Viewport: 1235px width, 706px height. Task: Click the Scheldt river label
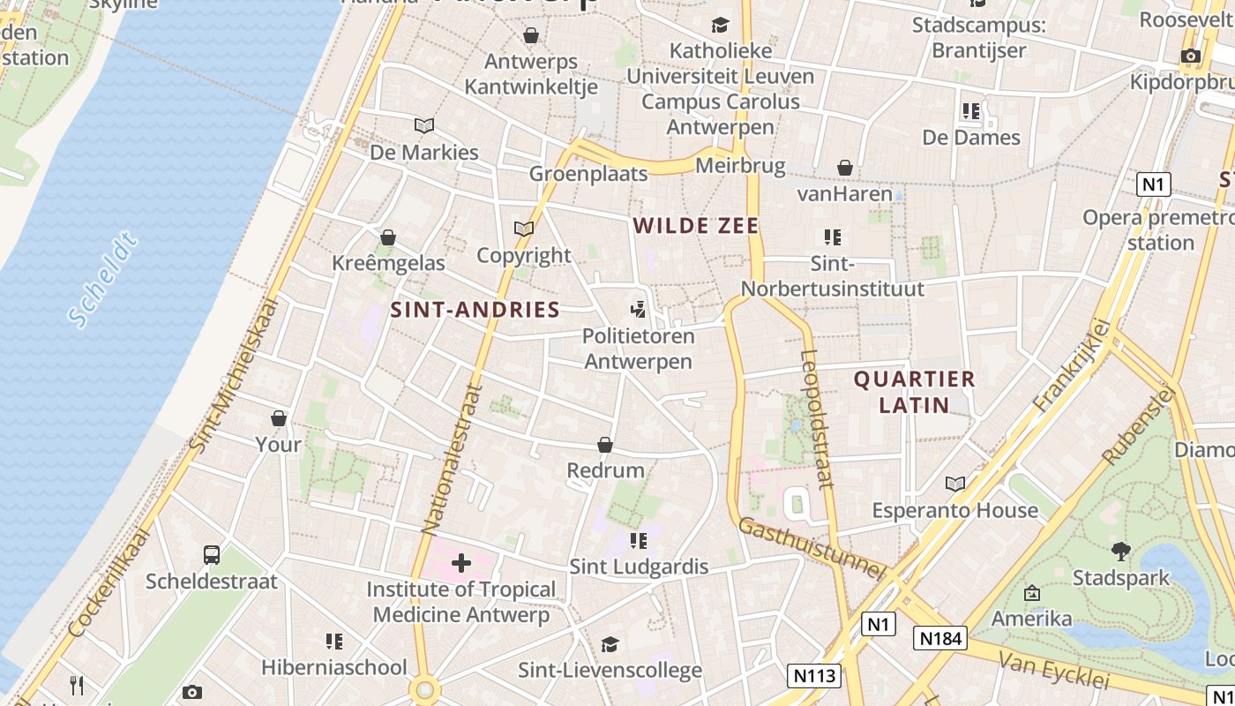coord(103,280)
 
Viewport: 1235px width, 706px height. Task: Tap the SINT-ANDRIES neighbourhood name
coord(475,310)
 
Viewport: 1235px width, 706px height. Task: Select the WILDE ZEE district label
coord(696,226)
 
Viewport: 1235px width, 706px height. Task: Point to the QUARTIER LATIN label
coord(914,392)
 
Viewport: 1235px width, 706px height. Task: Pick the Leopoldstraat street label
coord(816,419)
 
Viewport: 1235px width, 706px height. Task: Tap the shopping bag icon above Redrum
coord(605,445)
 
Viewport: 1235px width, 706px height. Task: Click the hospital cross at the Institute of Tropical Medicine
coord(460,563)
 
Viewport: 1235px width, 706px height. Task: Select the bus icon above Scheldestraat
coord(212,554)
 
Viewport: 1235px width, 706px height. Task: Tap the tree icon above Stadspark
coord(1121,552)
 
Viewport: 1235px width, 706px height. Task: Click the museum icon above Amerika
coord(1031,593)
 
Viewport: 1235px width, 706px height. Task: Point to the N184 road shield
coord(939,638)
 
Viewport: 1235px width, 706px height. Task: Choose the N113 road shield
coord(813,676)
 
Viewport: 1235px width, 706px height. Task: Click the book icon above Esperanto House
coord(955,484)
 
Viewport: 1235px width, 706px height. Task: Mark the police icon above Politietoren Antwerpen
coord(638,309)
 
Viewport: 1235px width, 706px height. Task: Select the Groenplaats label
coord(588,174)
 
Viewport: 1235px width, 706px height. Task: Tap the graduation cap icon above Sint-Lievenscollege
coord(610,644)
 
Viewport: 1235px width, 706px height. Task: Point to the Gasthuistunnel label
coord(811,548)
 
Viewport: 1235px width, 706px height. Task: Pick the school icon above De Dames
coord(971,111)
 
